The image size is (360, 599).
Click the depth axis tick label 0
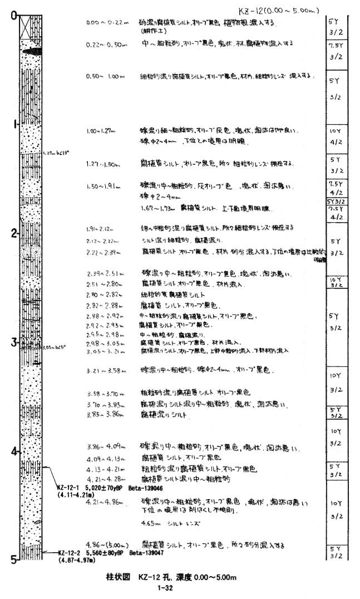[13, 15]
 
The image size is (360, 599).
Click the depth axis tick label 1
[13, 124]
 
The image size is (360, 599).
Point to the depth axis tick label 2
[13, 233]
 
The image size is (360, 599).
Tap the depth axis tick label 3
[13, 341]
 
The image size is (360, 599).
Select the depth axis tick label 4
[13, 450]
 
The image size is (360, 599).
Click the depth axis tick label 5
[13, 559]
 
